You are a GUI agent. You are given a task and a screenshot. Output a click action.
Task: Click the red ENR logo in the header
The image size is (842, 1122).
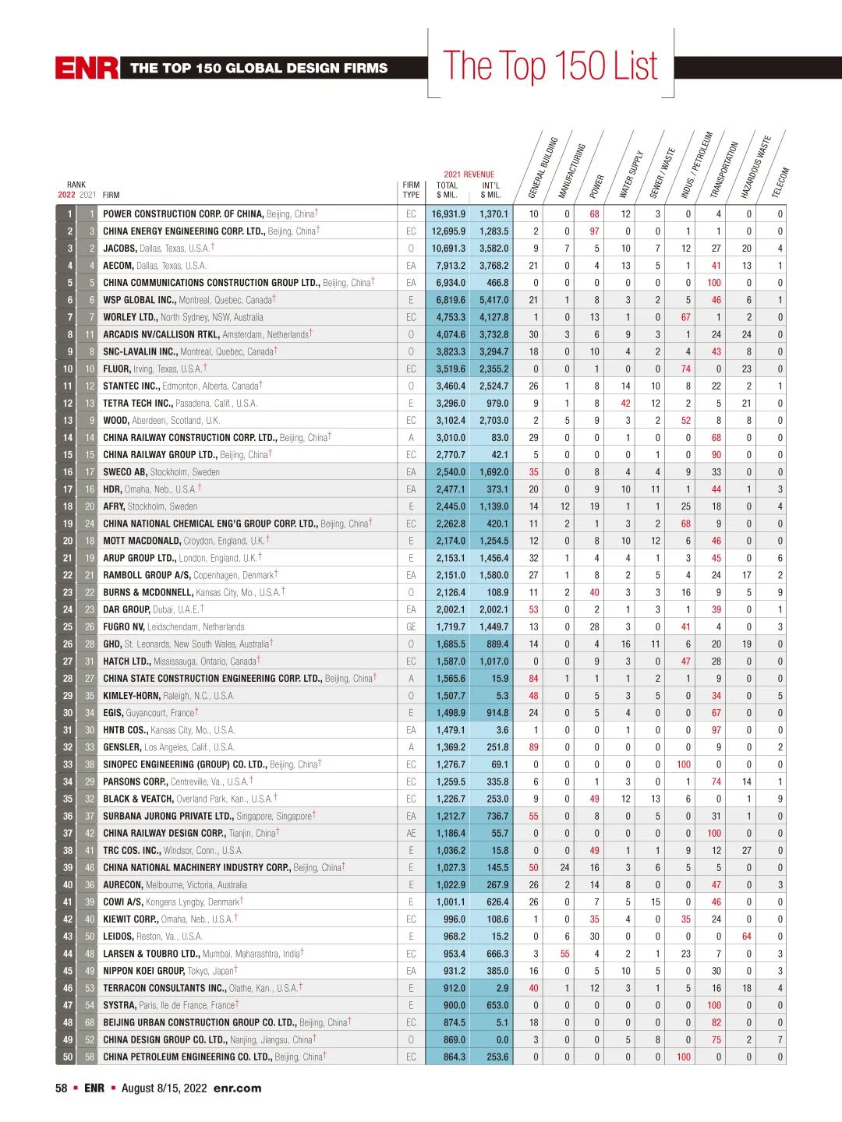point(87,68)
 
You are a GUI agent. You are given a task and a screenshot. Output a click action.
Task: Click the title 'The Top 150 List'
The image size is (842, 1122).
point(550,65)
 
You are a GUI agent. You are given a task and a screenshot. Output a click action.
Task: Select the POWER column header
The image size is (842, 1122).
point(596,186)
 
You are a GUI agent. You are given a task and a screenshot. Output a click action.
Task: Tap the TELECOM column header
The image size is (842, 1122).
point(780,182)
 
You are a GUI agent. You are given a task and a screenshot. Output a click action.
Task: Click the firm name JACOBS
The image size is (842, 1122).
point(120,249)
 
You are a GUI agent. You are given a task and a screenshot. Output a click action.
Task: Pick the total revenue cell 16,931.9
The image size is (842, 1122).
point(448,214)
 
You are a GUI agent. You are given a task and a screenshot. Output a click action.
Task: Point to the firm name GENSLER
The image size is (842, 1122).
point(122,747)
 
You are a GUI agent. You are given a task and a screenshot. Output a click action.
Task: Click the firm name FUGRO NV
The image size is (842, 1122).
point(123,627)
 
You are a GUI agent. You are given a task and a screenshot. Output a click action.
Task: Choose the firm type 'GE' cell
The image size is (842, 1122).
point(411,627)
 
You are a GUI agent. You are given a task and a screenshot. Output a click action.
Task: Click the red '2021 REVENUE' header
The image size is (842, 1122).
point(469,175)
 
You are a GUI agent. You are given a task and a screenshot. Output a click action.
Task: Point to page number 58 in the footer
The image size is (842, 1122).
point(61,1088)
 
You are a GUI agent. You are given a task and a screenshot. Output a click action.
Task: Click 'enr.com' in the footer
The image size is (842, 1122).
point(237,1088)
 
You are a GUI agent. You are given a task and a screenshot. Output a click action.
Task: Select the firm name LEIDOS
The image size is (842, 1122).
point(119,937)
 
